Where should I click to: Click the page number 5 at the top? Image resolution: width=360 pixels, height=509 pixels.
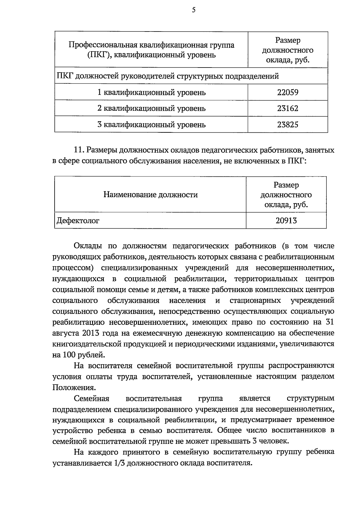click(x=193, y=10)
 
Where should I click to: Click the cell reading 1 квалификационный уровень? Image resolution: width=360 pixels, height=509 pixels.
click(x=151, y=92)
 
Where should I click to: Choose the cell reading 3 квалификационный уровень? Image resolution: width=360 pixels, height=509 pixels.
click(x=151, y=124)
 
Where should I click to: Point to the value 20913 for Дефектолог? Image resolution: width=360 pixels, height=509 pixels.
click(x=286, y=221)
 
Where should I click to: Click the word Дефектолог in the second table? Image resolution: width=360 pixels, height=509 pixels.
click(x=78, y=221)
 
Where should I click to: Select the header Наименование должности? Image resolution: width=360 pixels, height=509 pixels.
click(x=151, y=195)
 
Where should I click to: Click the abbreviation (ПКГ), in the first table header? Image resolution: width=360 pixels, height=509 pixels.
click(x=100, y=55)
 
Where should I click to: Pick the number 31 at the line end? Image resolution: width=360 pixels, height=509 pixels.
click(x=329, y=322)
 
